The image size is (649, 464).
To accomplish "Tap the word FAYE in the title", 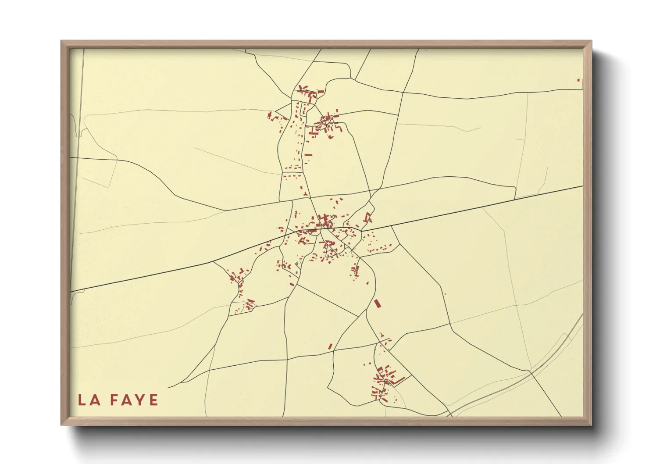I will click(x=134, y=400).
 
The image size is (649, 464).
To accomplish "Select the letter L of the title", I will click(x=82, y=400).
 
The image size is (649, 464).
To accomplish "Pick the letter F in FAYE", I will click(x=114, y=400).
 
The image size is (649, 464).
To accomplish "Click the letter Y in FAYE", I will click(x=141, y=400).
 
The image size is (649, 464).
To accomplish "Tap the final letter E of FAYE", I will click(x=154, y=400).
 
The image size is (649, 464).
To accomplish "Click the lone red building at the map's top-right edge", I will click(x=578, y=80).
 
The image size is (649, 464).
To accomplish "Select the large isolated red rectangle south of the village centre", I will click(x=376, y=303).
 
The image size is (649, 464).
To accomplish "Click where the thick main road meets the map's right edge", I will click(x=582, y=186).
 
